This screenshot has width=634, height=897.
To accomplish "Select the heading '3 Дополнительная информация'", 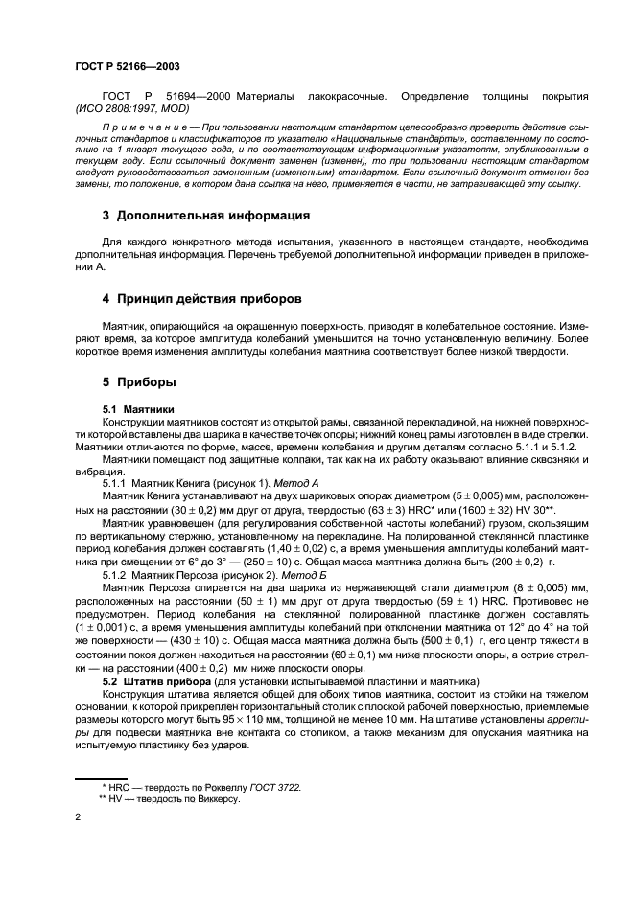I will (205, 215).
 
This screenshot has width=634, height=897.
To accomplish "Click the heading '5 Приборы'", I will (139, 382).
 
